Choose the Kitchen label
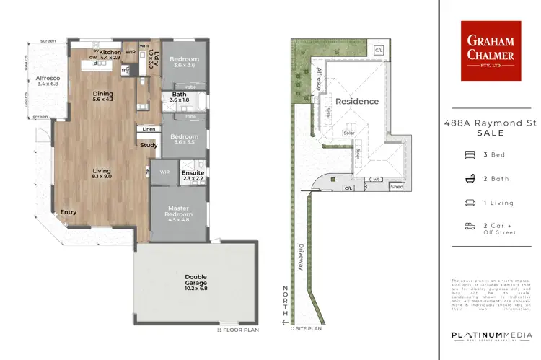point(110,53)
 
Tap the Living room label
point(101,171)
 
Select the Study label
point(149,145)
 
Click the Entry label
point(69,212)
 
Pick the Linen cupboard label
point(149,129)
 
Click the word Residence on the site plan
point(357,101)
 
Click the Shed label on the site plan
point(397,187)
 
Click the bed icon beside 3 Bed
point(470,154)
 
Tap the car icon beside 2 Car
point(470,226)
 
